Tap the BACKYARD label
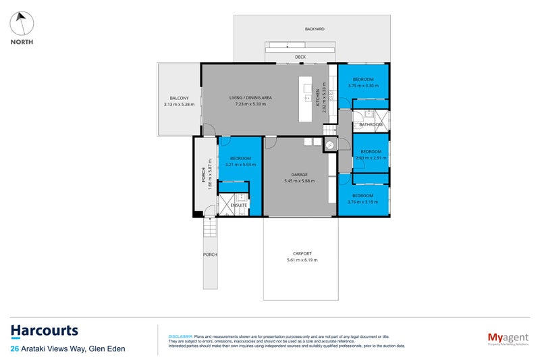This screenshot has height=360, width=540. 314,29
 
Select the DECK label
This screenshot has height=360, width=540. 300,57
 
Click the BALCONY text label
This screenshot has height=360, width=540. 179,98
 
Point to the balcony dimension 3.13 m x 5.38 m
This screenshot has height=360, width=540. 179,105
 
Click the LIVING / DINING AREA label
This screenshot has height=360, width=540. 250,98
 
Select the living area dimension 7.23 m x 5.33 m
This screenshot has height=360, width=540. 250,105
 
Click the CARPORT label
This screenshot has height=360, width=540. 302,253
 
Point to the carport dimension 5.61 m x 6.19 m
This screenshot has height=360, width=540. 302,260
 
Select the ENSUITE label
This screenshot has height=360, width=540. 239,205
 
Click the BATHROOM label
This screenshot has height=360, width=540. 371,125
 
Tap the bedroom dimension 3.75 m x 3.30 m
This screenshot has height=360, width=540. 363,86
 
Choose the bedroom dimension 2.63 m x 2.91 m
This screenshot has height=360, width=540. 371,158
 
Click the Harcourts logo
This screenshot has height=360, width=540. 45,331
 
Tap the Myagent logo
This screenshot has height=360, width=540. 509,338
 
